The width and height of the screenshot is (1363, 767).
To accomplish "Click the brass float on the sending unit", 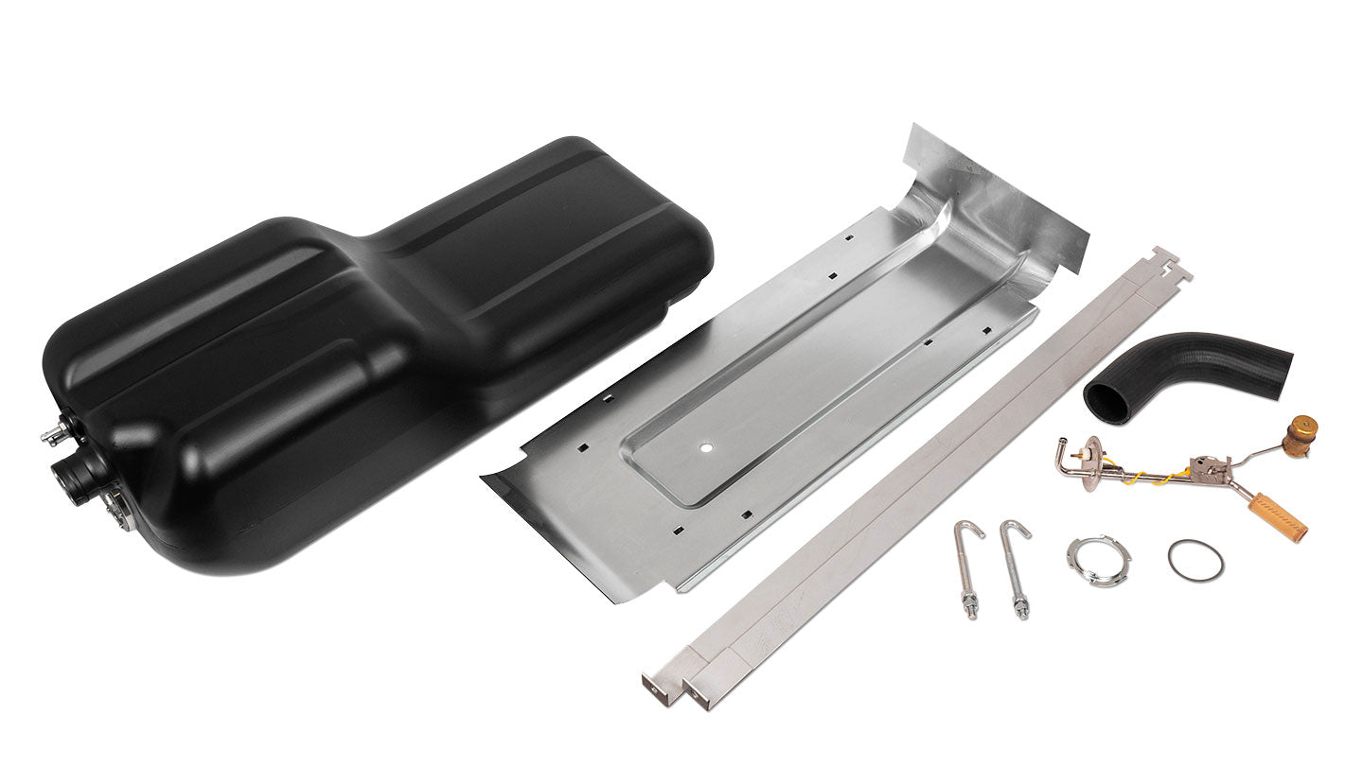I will pyautogui.click(x=1302, y=436).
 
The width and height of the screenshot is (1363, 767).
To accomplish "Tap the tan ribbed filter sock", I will pyautogui.click(x=1277, y=516).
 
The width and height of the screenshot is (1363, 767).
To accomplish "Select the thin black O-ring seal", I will pyautogui.click(x=1195, y=560).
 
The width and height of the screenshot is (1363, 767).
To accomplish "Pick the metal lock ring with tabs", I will pyautogui.click(x=1098, y=560).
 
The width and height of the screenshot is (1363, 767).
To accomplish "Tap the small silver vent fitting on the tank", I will pyautogui.click(x=53, y=434).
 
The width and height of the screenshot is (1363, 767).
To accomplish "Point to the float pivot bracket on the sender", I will pyautogui.click(x=1207, y=466).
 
